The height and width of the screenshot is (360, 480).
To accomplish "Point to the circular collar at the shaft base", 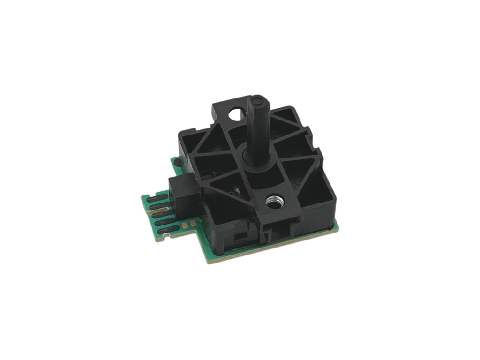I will pos(255,158).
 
